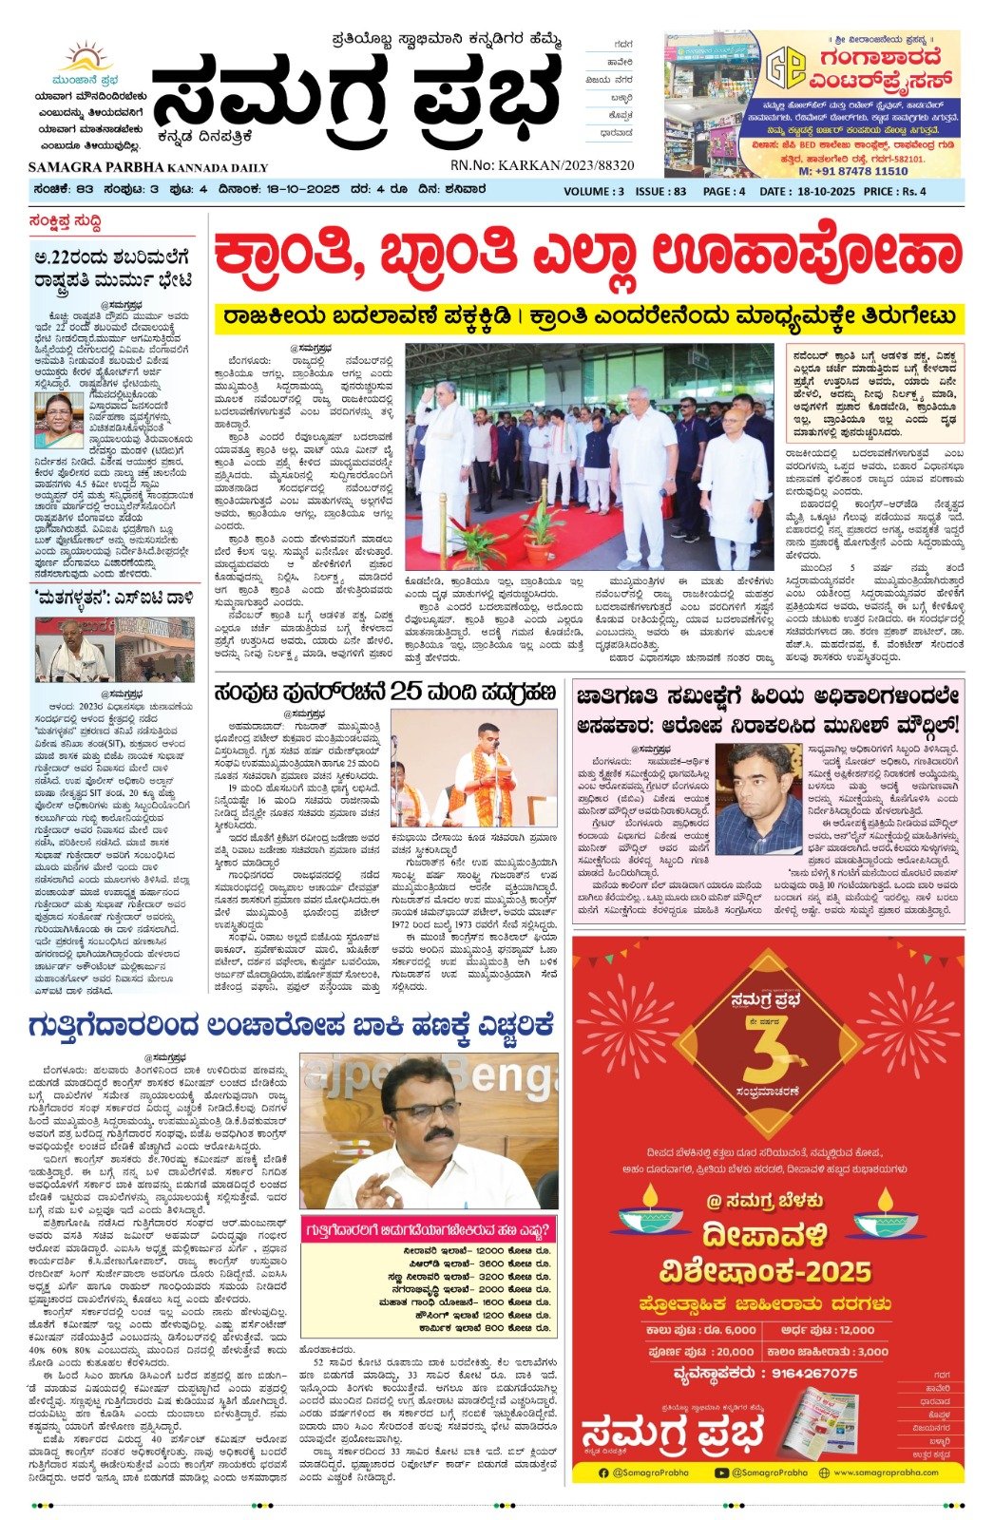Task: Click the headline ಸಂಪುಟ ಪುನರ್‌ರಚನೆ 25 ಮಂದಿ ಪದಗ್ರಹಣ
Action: pyautogui.click(x=385, y=692)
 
